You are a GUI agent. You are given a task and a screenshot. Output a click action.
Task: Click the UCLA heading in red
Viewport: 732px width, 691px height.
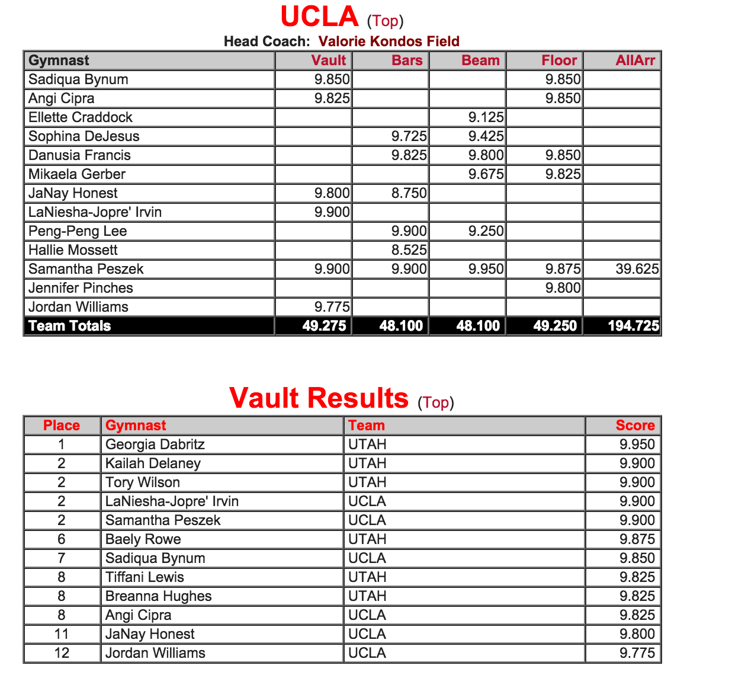click(x=319, y=17)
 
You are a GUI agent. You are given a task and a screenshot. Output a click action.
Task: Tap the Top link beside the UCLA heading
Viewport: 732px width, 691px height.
click(x=385, y=21)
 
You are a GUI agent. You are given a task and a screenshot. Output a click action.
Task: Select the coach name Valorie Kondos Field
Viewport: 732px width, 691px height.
click(x=389, y=41)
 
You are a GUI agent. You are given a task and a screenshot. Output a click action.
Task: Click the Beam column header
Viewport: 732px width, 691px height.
click(x=480, y=60)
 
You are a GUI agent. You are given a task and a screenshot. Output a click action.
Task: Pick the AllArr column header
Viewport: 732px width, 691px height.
click(x=635, y=60)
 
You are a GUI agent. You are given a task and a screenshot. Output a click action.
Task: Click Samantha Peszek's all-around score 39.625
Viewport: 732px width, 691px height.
click(x=637, y=269)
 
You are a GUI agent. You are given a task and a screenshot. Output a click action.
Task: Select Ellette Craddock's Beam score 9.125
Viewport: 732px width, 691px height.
click(x=486, y=117)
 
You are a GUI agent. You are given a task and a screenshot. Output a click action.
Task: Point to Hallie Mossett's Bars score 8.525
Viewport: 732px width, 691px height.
click(x=409, y=250)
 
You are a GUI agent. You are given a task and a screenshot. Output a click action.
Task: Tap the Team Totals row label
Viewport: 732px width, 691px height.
click(x=70, y=326)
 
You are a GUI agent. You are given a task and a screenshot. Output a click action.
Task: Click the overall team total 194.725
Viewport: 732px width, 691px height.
click(x=633, y=326)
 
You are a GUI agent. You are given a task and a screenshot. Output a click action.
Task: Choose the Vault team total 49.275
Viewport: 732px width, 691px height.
click(x=324, y=326)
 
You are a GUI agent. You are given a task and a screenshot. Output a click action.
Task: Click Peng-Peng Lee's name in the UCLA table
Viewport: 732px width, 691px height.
click(x=78, y=231)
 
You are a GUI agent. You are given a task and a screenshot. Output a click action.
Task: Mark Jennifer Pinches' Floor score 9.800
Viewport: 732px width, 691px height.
click(x=563, y=288)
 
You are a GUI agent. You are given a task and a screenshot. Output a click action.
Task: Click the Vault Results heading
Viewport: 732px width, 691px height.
click(x=319, y=398)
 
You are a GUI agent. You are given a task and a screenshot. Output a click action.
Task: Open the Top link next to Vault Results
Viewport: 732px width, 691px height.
click(x=435, y=402)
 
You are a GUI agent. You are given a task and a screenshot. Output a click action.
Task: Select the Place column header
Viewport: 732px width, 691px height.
click(x=62, y=426)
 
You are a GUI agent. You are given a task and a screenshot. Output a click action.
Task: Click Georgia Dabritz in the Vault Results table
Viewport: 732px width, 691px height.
click(x=155, y=444)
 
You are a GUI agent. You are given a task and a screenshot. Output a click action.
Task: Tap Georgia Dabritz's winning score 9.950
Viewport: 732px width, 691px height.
click(x=637, y=444)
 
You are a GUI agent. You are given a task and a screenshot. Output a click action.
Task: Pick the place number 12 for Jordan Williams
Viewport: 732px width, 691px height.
click(x=62, y=653)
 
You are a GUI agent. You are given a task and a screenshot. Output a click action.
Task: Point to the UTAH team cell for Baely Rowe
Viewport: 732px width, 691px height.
click(x=367, y=539)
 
